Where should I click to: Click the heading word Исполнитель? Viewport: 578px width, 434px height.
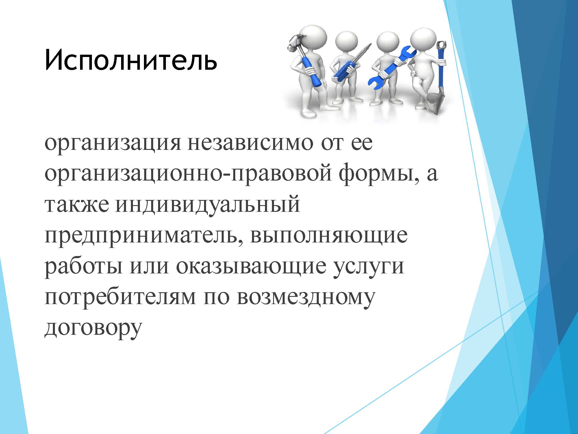(x=131, y=60)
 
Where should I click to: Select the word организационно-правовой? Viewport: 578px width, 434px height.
(x=188, y=175)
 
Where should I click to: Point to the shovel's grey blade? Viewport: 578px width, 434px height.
(x=436, y=102)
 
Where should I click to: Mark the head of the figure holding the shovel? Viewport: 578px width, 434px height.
(x=423, y=41)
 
